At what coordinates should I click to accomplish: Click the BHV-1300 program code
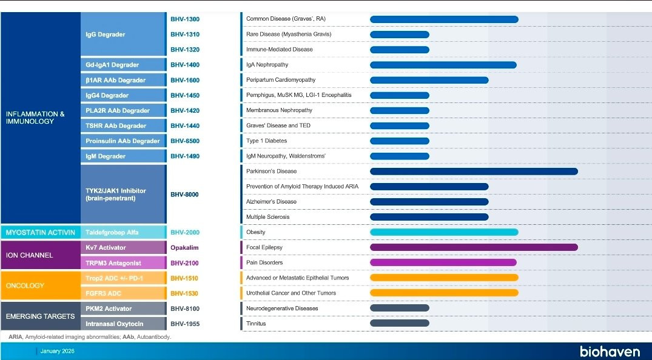pyautogui.click(x=184, y=19)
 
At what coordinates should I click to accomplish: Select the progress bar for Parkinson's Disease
pyautogui.click(x=473, y=172)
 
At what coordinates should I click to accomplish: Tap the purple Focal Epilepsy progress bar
pyautogui.click(x=473, y=247)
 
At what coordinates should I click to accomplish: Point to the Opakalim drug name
pyautogui.click(x=184, y=248)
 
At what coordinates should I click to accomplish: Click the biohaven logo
pyautogui.click(x=609, y=351)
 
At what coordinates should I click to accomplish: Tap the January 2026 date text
pyautogui.click(x=58, y=351)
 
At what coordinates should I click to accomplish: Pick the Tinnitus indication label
pyautogui.click(x=256, y=324)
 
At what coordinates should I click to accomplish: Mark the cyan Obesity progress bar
pyautogui.click(x=443, y=232)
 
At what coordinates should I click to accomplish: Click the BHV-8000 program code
pyautogui.click(x=184, y=195)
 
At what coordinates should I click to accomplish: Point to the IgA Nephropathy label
pyautogui.click(x=267, y=65)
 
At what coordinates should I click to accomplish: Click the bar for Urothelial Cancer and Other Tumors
pyautogui.click(x=443, y=293)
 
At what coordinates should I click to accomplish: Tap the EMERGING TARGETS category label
pyautogui.click(x=40, y=316)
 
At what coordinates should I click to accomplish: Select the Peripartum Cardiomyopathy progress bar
pyautogui.click(x=429, y=80)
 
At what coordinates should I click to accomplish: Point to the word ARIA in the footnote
pyautogui.click(x=15, y=336)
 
